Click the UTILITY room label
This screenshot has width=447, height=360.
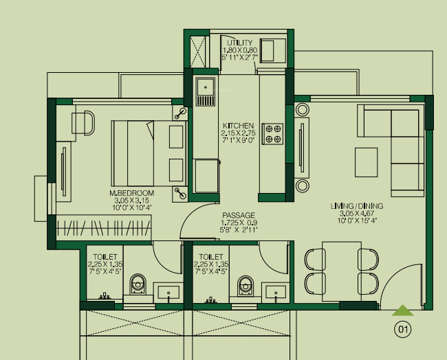point(239,43)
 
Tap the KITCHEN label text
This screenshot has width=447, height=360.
point(238,126)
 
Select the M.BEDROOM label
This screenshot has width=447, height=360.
point(131,193)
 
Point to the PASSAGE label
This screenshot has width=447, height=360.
point(238,215)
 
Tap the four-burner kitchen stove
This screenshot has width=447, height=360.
point(274,133)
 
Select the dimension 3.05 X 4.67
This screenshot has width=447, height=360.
point(356,214)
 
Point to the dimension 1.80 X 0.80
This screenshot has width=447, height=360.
point(239,51)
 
